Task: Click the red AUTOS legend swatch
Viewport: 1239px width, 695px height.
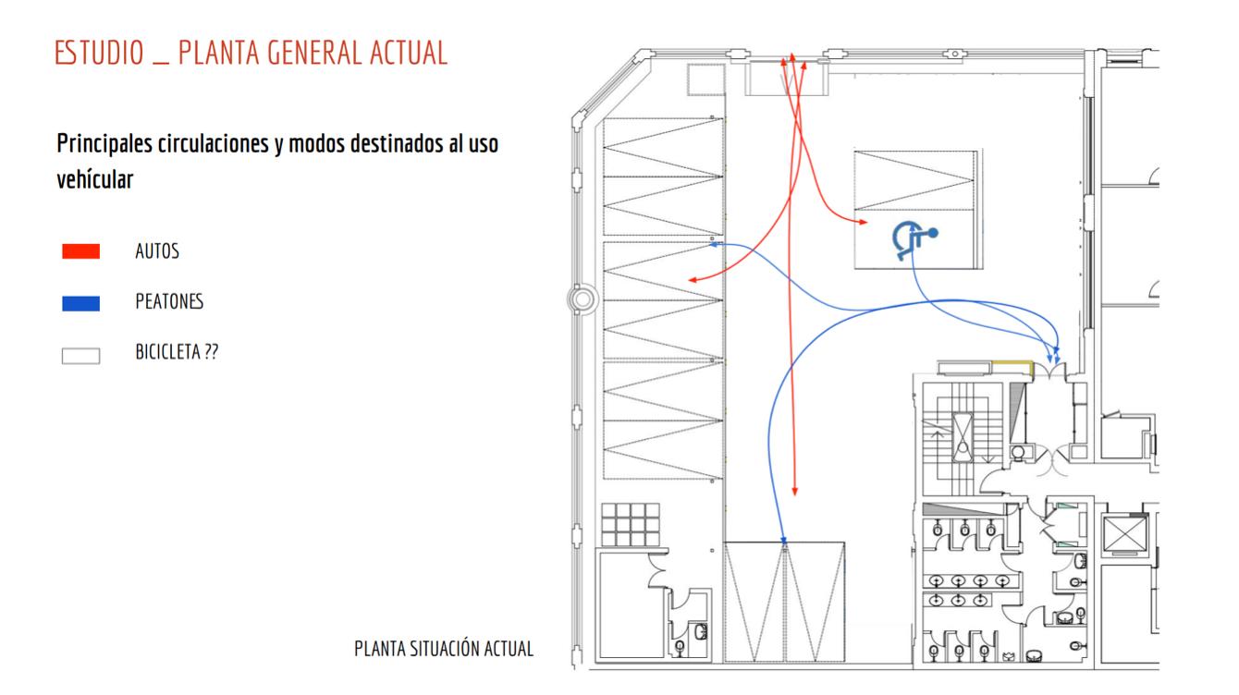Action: click(80, 251)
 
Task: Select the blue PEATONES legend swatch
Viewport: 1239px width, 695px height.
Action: click(80, 303)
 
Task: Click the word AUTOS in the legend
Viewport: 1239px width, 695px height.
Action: click(157, 251)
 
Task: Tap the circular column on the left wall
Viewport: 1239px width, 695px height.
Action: click(583, 299)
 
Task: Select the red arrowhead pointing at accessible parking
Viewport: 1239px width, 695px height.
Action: click(862, 223)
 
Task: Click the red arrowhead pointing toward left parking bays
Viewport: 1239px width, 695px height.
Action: click(691, 279)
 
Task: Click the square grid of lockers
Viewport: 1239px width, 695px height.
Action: click(631, 524)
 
